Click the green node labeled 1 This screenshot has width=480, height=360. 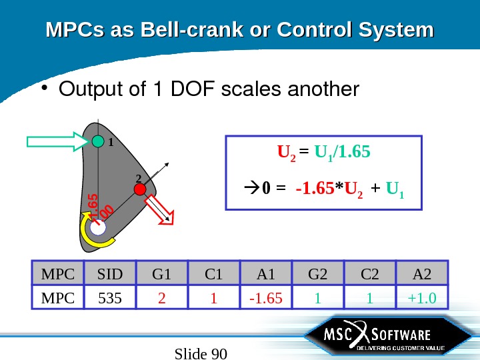pyautogui.click(x=98, y=141)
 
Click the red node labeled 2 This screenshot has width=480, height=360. pyautogui.click(x=139, y=190)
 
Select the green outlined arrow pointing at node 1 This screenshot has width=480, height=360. pyautogui.click(x=56, y=141)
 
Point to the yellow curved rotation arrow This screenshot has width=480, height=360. pyautogui.click(x=87, y=233)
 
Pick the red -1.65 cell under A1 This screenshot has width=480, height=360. pyautogui.click(x=265, y=297)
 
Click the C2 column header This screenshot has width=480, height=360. pyautogui.click(x=370, y=273)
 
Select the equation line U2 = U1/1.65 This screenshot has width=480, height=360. pyautogui.click(x=324, y=155)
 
